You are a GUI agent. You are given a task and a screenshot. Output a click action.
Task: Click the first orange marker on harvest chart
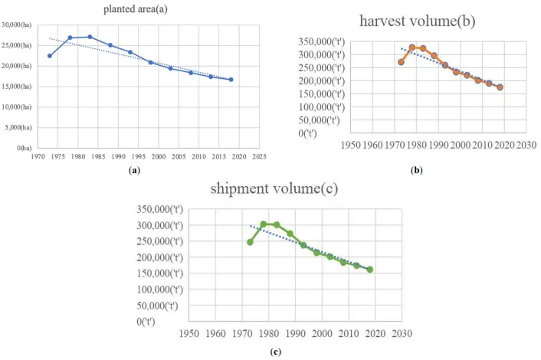[x=401, y=62]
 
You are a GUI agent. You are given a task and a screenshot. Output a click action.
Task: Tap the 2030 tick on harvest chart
[x=526, y=143]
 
